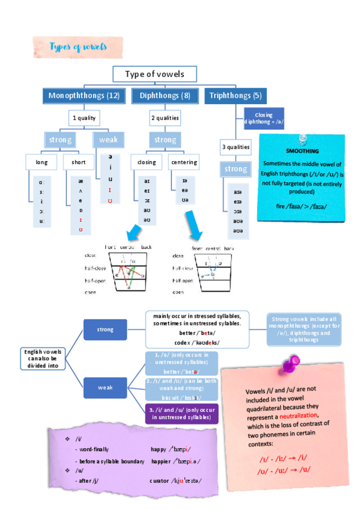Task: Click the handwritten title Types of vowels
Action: [78, 46]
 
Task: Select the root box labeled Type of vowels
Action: [154, 74]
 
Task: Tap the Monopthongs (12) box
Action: [84, 96]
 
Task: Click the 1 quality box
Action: [84, 118]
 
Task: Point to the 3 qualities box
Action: [236, 146]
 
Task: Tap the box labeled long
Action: [42, 162]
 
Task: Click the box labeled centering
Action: [184, 162]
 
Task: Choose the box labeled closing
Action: [147, 162]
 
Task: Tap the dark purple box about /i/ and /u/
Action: [181, 413]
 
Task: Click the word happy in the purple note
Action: [159, 449]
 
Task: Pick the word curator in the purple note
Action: [161, 481]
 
